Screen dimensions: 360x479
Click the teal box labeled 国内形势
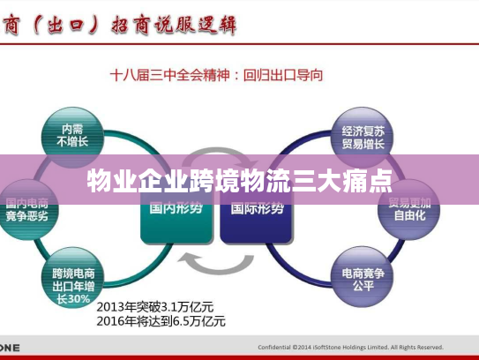[x=176, y=212]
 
